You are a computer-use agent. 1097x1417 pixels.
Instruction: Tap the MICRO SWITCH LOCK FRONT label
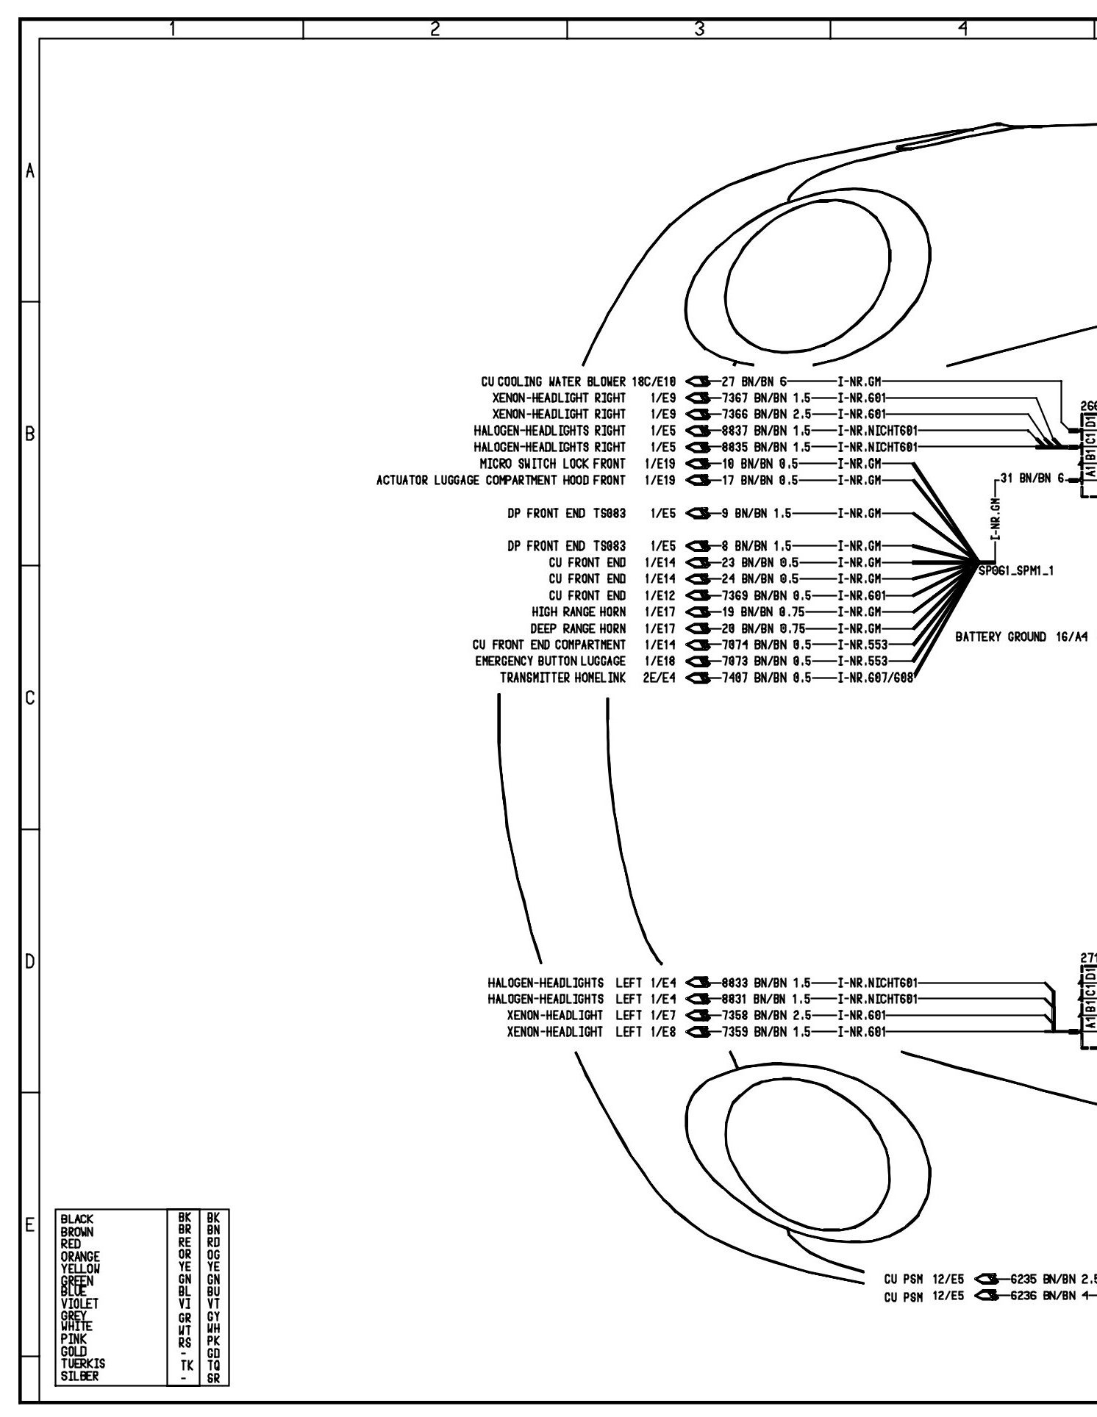click(x=552, y=464)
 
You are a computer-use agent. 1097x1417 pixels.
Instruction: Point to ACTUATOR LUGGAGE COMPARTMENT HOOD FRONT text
click(x=501, y=481)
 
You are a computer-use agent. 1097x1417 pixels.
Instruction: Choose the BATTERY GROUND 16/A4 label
click(x=1018, y=637)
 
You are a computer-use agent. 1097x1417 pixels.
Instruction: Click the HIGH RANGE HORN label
click(x=579, y=611)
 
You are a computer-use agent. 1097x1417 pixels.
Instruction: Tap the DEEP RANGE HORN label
click(x=578, y=628)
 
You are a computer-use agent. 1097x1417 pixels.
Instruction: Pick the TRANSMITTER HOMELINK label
click(x=562, y=678)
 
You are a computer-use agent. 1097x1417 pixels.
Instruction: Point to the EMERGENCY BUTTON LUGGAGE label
click(x=550, y=661)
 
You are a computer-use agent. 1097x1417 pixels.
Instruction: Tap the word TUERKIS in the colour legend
click(x=82, y=1383)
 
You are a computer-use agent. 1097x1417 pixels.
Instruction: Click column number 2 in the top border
click(x=435, y=29)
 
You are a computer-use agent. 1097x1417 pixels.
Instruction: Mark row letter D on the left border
click(x=29, y=961)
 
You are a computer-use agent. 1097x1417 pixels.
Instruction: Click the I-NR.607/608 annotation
click(x=875, y=678)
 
